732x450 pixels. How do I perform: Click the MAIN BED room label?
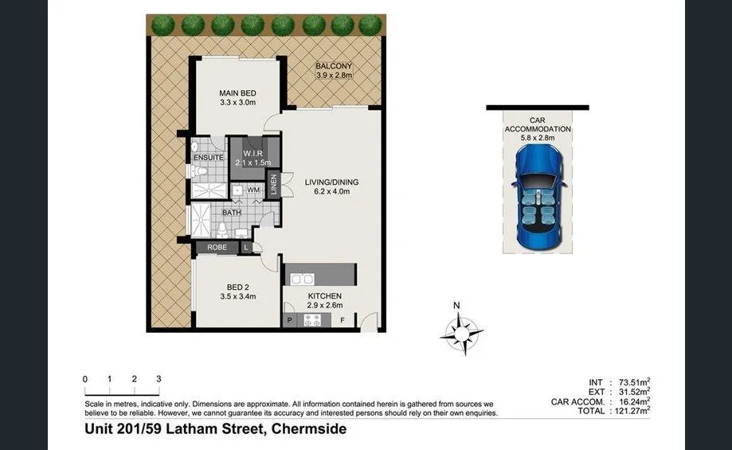click(x=237, y=93)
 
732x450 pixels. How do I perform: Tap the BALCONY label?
click(x=333, y=66)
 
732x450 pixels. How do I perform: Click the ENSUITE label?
click(x=209, y=158)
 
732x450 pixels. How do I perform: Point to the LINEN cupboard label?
click(x=274, y=184)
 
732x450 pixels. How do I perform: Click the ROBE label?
click(x=217, y=248)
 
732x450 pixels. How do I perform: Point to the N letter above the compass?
click(x=456, y=306)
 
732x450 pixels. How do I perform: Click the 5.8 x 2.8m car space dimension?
click(x=538, y=138)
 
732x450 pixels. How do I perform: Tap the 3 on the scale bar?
click(x=159, y=379)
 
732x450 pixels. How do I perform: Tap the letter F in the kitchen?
click(x=343, y=321)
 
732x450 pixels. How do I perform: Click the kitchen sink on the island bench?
click(x=301, y=280)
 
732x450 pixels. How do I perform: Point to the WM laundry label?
click(x=253, y=190)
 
